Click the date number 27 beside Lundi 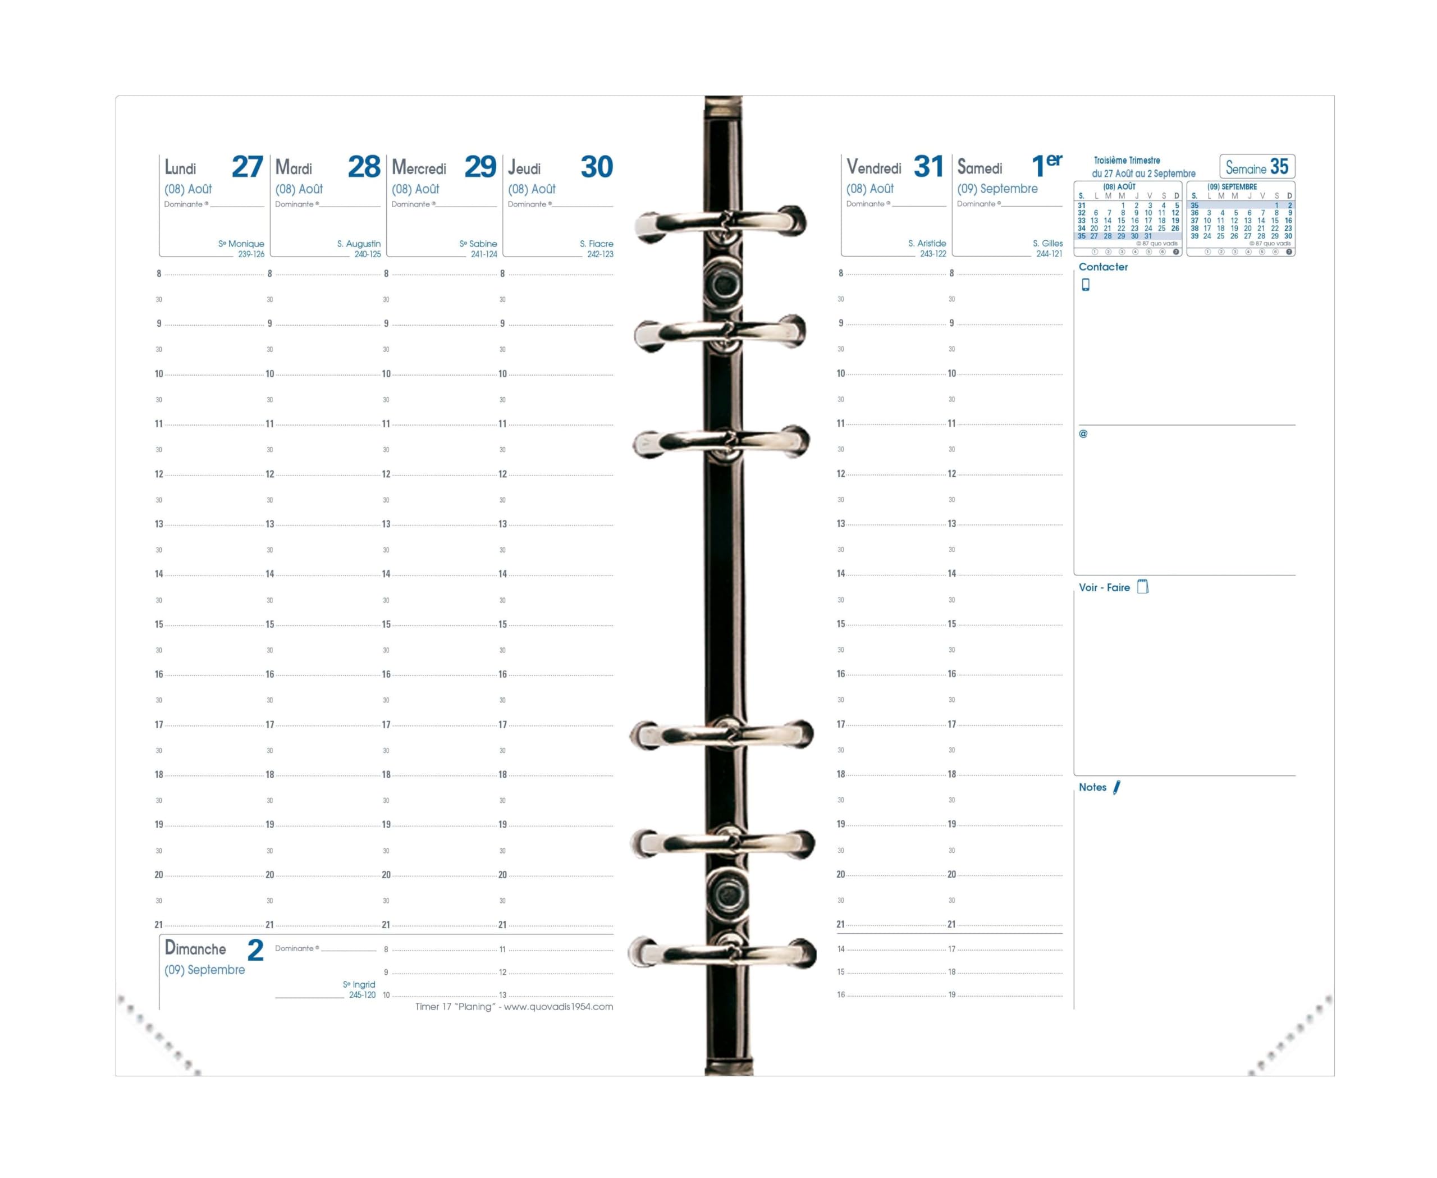[246, 167]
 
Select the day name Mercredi [419, 168]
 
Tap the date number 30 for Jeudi [596, 167]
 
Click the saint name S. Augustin [358, 244]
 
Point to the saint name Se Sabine [478, 244]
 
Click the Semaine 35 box [1256, 167]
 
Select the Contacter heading [1102, 267]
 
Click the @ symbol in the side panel [1083, 433]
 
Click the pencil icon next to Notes [1116, 787]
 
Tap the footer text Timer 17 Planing [514, 1007]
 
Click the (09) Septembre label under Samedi [997, 189]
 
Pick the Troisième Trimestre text [1126, 161]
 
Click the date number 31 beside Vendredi [928, 166]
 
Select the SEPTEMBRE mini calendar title [1232, 186]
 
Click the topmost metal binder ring [721, 222]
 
